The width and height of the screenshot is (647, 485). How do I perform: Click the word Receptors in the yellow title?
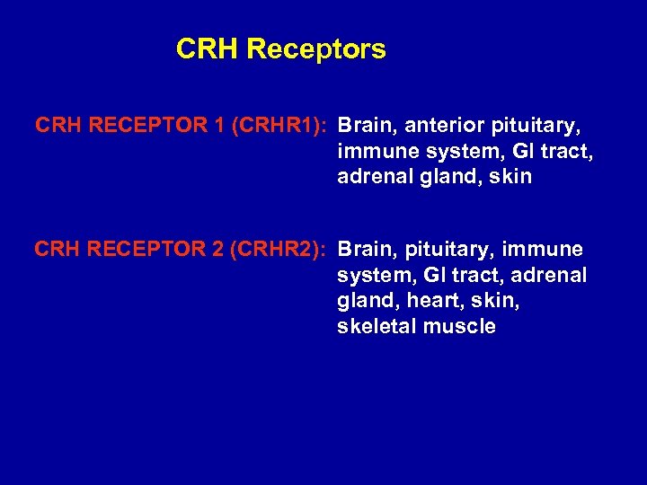[315, 49]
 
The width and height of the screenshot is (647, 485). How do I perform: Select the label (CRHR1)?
[280, 124]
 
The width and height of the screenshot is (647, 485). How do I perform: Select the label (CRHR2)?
[279, 249]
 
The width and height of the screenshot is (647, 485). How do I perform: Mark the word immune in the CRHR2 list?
[544, 249]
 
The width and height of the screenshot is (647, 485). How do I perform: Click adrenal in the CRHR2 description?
[552, 275]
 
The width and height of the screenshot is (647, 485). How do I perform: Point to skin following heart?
[497, 301]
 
